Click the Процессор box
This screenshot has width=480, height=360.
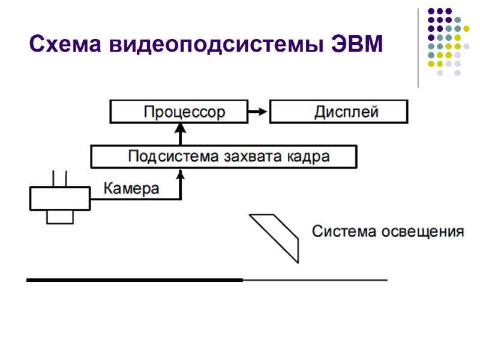pyautogui.click(x=179, y=112)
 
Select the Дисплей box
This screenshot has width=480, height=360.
pyautogui.click(x=339, y=112)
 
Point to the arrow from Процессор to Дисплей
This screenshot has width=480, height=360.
pyautogui.click(x=259, y=112)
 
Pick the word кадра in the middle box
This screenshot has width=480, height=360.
pyautogui.click(x=308, y=157)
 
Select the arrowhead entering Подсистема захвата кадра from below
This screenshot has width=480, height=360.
pyautogui.click(x=180, y=174)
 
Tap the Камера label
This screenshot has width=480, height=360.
pyautogui.click(x=132, y=189)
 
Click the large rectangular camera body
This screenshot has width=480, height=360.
pyautogui.click(x=60, y=198)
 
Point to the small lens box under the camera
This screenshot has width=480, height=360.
pyautogui.click(x=60, y=217)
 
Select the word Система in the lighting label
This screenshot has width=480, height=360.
pyautogui.click(x=344, y=232)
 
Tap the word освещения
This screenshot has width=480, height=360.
pyautogui.click(x=423, y=232)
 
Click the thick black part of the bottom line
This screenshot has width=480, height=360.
pyautogui.click(x=134, y=280)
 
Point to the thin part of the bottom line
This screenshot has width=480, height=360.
pyautogui.click(x=315, y=280)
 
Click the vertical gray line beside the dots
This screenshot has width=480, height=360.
pyautogui.click(x=418, y=48)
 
